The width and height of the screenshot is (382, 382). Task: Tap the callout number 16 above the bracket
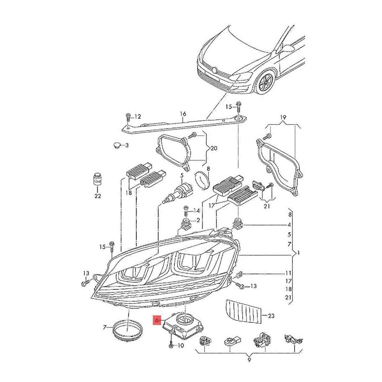coord(183,114)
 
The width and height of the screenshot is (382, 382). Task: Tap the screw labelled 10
coord(171,345)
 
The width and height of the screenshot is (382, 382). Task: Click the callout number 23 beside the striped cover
coord(271,316)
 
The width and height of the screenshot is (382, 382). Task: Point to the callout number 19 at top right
coord(283,118)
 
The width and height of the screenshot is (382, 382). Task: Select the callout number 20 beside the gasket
coord(213,148)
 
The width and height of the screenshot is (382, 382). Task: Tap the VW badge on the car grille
coord(214,69)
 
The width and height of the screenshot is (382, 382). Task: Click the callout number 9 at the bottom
coord(249,360)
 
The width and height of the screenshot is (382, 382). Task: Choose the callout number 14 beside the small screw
coord(197,211)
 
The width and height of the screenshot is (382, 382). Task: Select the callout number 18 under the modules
coord(129,193)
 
